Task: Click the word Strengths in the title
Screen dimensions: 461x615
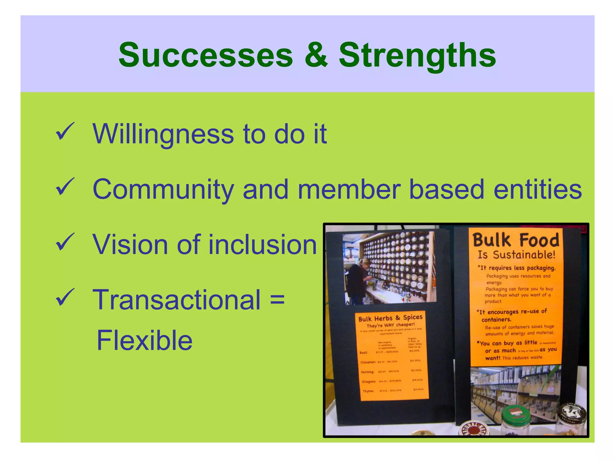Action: tap(417, 56)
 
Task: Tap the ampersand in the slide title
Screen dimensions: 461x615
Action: tap(316, 56)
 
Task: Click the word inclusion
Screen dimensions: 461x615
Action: tap(263, 245)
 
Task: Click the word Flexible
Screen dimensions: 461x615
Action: tap(144, 341)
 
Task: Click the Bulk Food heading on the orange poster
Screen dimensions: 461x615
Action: tap(516, 240)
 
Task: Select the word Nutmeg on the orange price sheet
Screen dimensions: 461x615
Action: tap(367, 372)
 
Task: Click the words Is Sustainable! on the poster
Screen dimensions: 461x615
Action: tap(517, 255)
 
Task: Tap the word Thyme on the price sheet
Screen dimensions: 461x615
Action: tap(368, 391)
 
